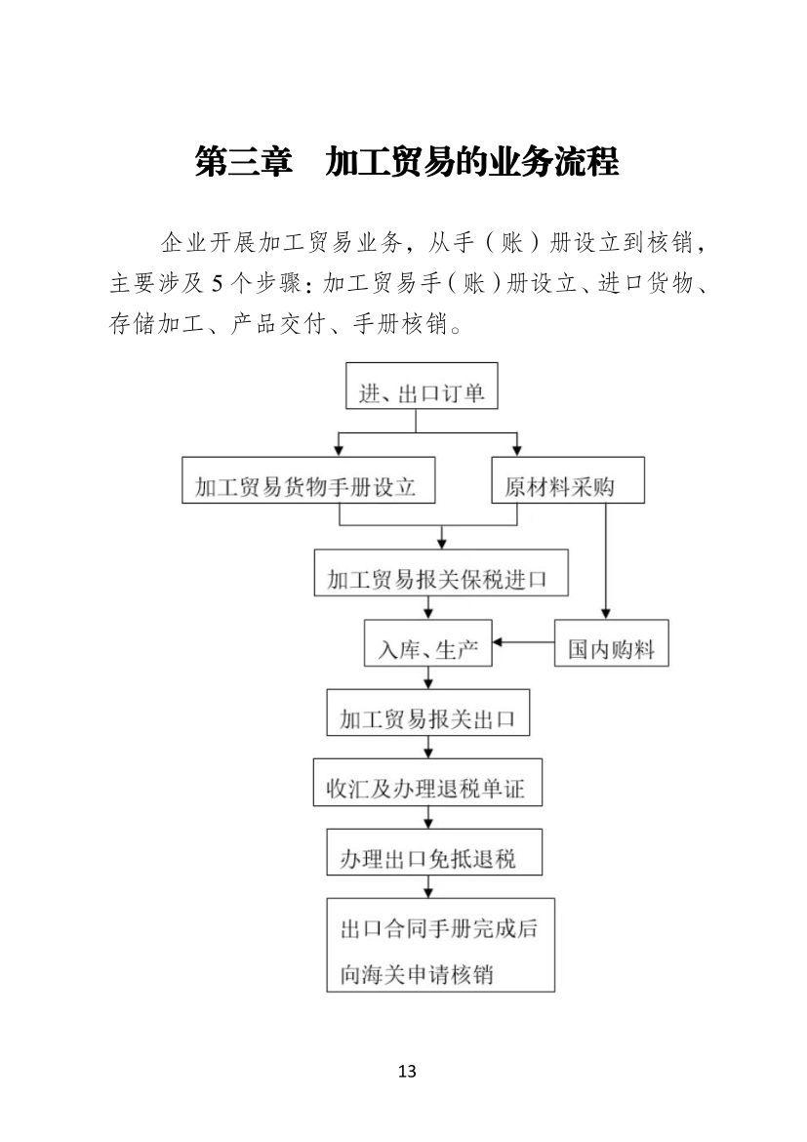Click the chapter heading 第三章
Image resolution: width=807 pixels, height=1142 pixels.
click(243, 162)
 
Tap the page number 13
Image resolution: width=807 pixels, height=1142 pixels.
click(407, 1071)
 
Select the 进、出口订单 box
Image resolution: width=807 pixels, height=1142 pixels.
click(422, 386)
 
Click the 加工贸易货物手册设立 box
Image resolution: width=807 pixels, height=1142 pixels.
click(308, 480)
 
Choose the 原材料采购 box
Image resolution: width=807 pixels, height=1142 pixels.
click(568, 480)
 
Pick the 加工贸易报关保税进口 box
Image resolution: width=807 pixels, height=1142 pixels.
click(441, 572)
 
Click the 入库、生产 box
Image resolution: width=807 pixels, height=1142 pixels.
click(428, 643)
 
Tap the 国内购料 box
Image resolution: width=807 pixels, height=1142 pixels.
click(612, 643)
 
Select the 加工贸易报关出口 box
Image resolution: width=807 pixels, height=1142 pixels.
click(428, 713)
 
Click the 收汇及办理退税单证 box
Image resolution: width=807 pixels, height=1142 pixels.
click(428, 782)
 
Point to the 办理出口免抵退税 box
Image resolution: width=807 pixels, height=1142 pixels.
click(435, 852)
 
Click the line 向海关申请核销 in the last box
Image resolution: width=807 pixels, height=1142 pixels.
click(417, 974)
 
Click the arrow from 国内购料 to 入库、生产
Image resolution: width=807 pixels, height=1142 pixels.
click(524, 642)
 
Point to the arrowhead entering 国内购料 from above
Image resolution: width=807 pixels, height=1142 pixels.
click(605, 614)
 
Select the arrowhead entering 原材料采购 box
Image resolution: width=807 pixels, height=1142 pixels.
click(517, 451)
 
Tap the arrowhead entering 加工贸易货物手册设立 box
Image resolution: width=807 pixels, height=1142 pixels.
click(338, 451)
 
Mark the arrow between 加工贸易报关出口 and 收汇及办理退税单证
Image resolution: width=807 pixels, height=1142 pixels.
click(428, 748)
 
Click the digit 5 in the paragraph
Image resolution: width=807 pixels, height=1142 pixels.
click(217, 283)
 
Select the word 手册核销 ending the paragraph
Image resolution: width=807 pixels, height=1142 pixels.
click(400, 323)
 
